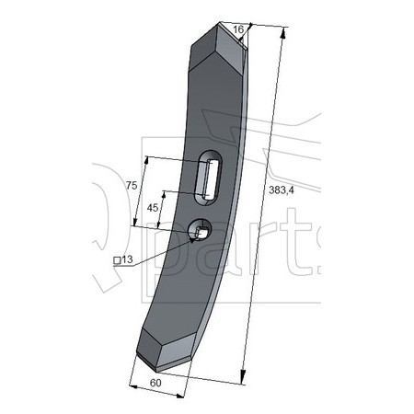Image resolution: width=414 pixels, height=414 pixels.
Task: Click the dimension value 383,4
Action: pos(282,190)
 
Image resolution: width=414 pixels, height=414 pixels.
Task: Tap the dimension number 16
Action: pos(238,29)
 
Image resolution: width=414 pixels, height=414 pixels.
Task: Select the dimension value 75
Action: pos(132,185)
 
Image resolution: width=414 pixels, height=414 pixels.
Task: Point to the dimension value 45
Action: pos(153,208)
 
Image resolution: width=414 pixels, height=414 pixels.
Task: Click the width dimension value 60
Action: pos(155,383)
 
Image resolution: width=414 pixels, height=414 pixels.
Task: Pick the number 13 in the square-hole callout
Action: pos(127,259)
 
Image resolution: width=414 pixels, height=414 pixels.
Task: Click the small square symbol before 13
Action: pos(117,260)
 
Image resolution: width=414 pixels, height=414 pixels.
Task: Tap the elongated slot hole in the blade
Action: pos(209,178)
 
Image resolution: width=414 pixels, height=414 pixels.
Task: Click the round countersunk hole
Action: pos(200,230)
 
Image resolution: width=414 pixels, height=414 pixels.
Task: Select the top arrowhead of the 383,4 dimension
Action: pos(283,33)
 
